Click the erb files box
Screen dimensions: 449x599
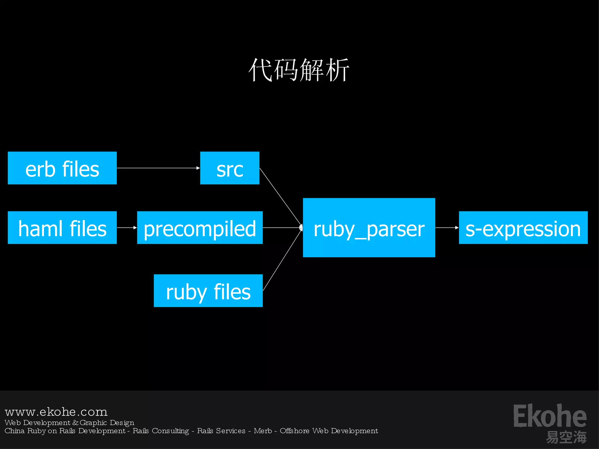pyautogui.click(x=62, y=168)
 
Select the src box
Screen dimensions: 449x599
pyautogui.click(x=230, y=168)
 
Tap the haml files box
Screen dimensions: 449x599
pyautogui.click(x=62, y=228)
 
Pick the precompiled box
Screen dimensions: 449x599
pyautogui.click(x=200, y=228)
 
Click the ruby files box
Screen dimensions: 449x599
pyautogui.click(x=208, y=291)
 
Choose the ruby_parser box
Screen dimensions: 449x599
pyautogui.click(x=369, y=228)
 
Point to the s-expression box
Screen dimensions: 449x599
pyautogui.click(x=523, y=228)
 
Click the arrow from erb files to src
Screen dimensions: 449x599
pyautogui.click(x=158, y=168)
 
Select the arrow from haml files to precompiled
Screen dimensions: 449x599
pyautogui.click(x=127, y=227)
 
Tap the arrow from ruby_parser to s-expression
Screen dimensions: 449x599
pyautogui.click(x=447, y=227)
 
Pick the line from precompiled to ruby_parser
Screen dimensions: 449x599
pyautogui.click(x=282, y=227)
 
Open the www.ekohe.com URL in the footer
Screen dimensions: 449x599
pyautogui.click(x=56, y=412)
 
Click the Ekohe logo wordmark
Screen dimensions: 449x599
pyautogui.click(x=550, y=416)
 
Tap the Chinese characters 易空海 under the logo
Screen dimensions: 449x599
pyautogui.click(x=566, y=437)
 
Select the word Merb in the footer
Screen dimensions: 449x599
pyautogui.click(x=263, y=431)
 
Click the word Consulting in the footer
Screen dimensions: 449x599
pyautogui.click(x=171, y=431)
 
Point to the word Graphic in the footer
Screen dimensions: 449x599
pyautogui.click(x=93, y=423)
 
